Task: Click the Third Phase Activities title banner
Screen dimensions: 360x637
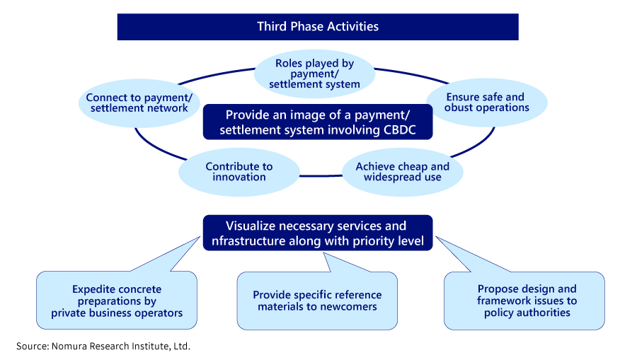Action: (x=318, y=27)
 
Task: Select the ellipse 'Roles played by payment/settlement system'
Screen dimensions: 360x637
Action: (x=314, y=74)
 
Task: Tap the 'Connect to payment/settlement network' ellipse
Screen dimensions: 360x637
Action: (x=137, y=103)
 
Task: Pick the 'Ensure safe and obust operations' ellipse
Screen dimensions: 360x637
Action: (x=487, y=103)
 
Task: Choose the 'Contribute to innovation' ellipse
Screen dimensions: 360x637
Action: (x=239, y=171)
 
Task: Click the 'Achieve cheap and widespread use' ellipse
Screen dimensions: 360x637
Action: (x=402, y=171)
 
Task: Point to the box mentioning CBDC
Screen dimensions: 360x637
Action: (x=318, y=122)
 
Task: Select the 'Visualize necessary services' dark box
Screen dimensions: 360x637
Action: (x=318, y=233)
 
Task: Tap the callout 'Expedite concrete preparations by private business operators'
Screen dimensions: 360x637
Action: (x=117, y=301)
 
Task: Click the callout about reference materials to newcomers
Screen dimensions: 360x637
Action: (x=317, y=301)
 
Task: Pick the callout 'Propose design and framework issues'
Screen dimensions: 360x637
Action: (x=527, y=301)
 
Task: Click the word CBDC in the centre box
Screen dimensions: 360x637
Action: (x=396, y=130)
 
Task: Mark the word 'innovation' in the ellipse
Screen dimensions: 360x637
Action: (x=239, y=177)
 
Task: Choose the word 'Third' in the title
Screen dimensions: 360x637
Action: (x=272, y=27)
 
